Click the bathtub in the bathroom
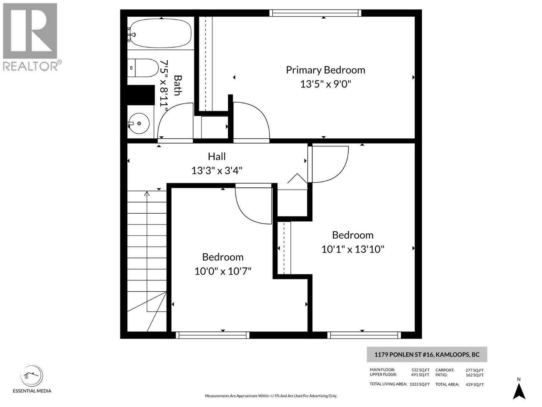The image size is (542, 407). (x=161, y=33)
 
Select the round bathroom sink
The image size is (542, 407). (x=139, y=123)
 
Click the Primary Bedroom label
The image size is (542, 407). (x=325, y=70)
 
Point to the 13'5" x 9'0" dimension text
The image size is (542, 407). (x=325, y=84)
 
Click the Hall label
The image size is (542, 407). (x=216, y=156)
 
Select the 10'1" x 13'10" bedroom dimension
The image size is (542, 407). (x=353, y=249)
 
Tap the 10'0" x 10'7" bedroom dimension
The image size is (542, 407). (x=223, y=271)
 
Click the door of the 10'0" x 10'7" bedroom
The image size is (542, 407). (x=252, y=205)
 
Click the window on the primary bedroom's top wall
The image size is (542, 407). (x=315, y=13)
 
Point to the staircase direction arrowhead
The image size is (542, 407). (x=147, y=194)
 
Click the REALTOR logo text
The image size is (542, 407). (x=32, y=66)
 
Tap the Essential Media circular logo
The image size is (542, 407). (x=32, y=376)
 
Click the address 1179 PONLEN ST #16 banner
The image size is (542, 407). (x=427, y=355)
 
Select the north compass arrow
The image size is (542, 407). (x=519, y=391)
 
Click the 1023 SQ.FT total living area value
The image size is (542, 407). (x=419, y=384)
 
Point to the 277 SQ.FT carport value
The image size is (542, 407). (x=475, y=370)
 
